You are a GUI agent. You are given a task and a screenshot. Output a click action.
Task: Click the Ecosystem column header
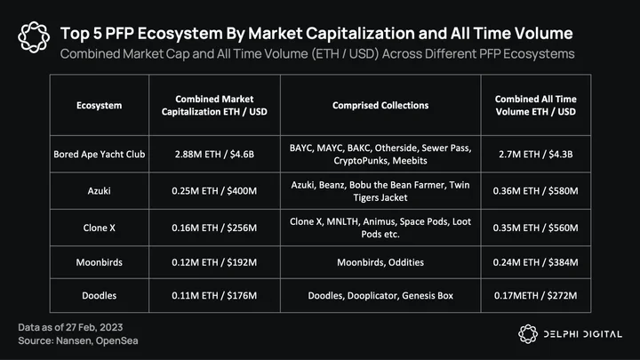click(x=100, y=105)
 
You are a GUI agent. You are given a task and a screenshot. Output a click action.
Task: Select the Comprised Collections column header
click(x=380, y=105)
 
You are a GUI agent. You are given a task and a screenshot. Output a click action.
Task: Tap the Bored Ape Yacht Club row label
click(x=100, y=155)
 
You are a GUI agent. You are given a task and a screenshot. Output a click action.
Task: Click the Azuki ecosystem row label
click(x=100, y=190)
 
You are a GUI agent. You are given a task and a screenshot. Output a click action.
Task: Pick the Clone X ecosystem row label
click(x=100, y=228)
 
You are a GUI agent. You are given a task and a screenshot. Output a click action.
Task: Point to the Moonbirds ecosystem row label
click(x=100, y=262)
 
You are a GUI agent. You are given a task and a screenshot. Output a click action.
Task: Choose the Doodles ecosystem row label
click(x=100, y=295)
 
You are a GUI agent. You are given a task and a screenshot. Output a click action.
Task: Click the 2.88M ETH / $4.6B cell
click(x=214, y=155)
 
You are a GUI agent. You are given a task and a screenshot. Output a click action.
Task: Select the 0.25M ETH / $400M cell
click(x=214, y=190)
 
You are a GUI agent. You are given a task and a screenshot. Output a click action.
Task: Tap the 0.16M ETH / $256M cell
click(x=214, y=228)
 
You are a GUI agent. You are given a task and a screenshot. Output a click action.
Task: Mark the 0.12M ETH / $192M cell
click(x=214, y=262)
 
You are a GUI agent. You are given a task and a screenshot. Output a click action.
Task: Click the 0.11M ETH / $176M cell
click(x=214, y=295)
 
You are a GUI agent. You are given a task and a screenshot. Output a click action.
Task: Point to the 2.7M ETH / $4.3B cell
click(x=535, y=155)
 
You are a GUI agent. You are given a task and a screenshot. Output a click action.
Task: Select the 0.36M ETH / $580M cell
click(x=535, y=190)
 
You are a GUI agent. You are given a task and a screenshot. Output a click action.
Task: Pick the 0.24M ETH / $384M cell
click(x=535, y=262)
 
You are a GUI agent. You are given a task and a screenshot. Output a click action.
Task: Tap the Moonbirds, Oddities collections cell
click(x=380, y=262)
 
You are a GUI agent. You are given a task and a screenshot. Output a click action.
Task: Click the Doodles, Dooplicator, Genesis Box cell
click(x=380, y=295)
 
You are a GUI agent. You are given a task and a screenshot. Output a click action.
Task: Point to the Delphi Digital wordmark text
click(x=583, y=334)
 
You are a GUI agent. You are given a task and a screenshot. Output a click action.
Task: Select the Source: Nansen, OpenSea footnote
click(x=78, y=340)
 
